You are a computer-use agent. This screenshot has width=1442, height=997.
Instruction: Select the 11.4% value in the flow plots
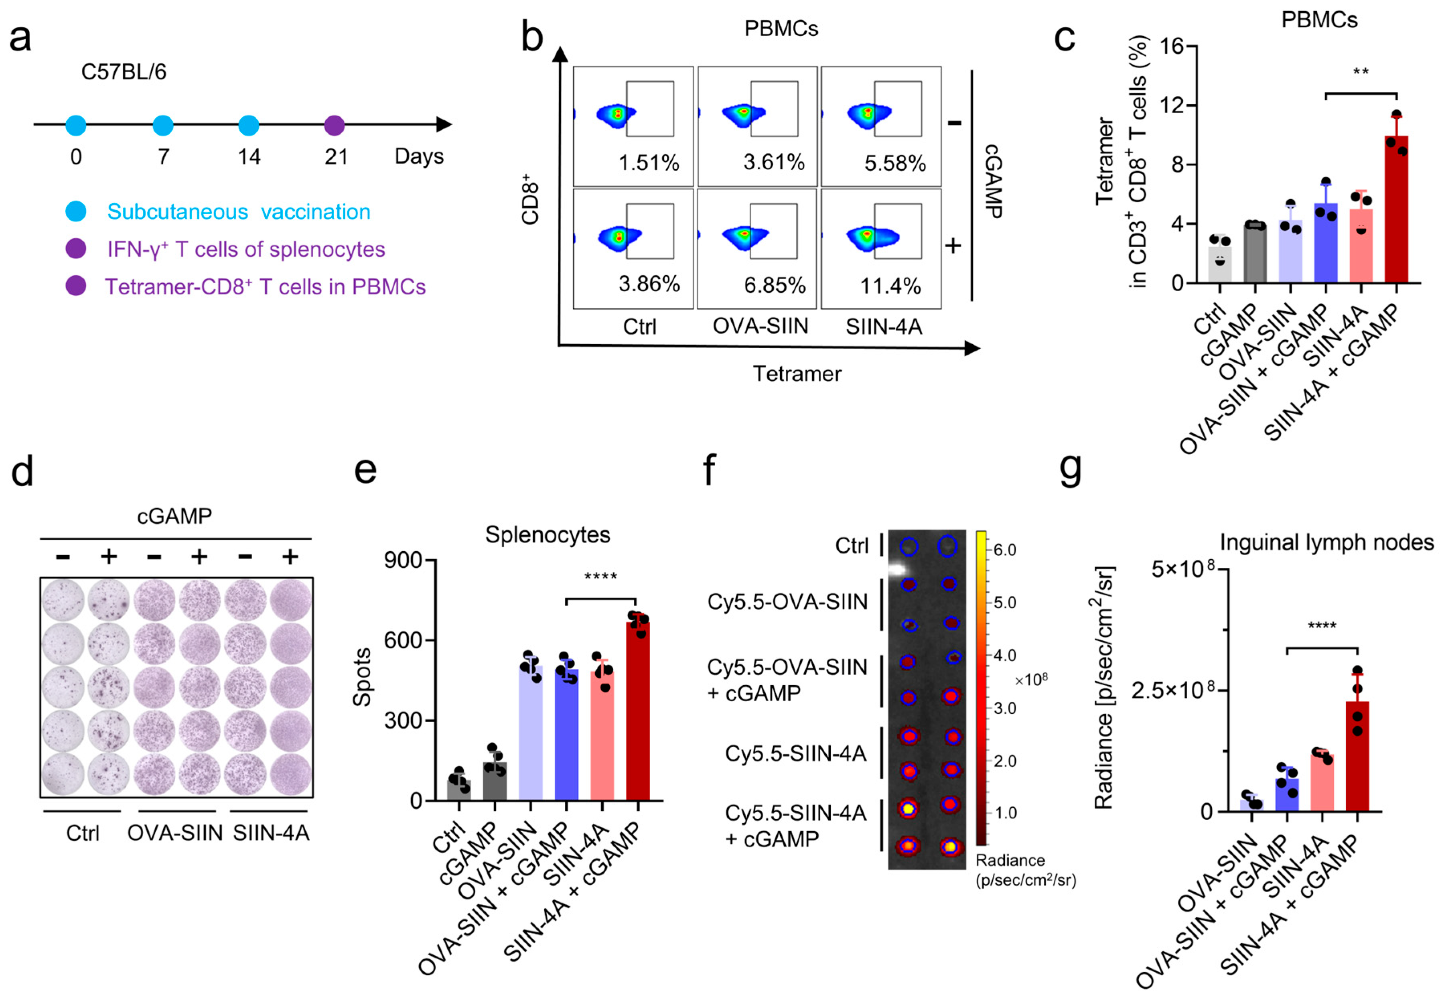coord(890,286)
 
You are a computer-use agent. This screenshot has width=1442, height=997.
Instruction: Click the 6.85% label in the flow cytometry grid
coord(775,286)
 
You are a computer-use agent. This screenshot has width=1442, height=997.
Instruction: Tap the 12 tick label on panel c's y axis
coord(1172,105)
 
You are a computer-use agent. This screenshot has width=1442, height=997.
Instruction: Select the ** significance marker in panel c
coord(1361,73)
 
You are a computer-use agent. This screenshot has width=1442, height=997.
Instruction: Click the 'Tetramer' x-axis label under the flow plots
coord(797,374)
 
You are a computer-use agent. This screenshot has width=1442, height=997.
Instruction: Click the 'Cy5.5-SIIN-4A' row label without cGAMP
coord(795,754)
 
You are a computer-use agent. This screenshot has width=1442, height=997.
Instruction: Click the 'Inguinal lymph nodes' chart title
coord(1326,542)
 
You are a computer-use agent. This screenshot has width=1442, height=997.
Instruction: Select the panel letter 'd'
coord(22,472)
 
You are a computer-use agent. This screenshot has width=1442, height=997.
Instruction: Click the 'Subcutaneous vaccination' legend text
coord(239,212)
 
